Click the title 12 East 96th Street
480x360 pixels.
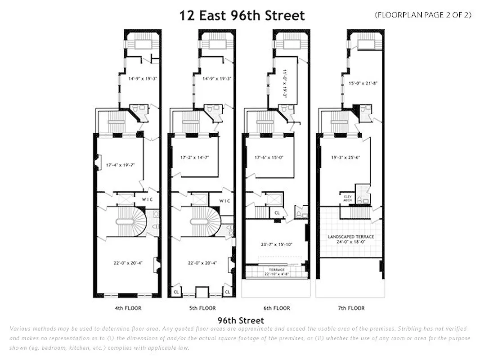click(x=242, y=16)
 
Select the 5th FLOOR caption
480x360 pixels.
click(x=202, y=308)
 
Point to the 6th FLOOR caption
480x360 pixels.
click(x=277, y=308)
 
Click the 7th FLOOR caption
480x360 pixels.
click(x=351, y=308)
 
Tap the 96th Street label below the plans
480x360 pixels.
click(x=241, y=321)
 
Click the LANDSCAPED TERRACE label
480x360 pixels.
click(x=351, y=237)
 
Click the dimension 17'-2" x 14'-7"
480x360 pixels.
click(x=194, y=158)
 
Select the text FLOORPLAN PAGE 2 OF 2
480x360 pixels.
click(x=423, y=15)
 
